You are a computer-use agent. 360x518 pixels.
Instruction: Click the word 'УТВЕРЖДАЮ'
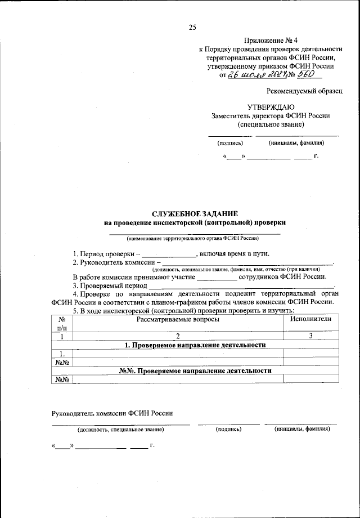click(271, 107)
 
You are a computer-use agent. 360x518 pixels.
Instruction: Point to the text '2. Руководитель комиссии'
click(115, 262)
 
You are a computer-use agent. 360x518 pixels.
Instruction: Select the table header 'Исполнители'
click(310, 319)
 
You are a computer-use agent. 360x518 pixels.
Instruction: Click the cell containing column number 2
click(177, 336)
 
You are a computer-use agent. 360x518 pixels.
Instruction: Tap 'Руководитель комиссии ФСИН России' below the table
click(112, 413)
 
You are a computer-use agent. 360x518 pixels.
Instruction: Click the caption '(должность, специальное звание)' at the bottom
click(121, 429)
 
